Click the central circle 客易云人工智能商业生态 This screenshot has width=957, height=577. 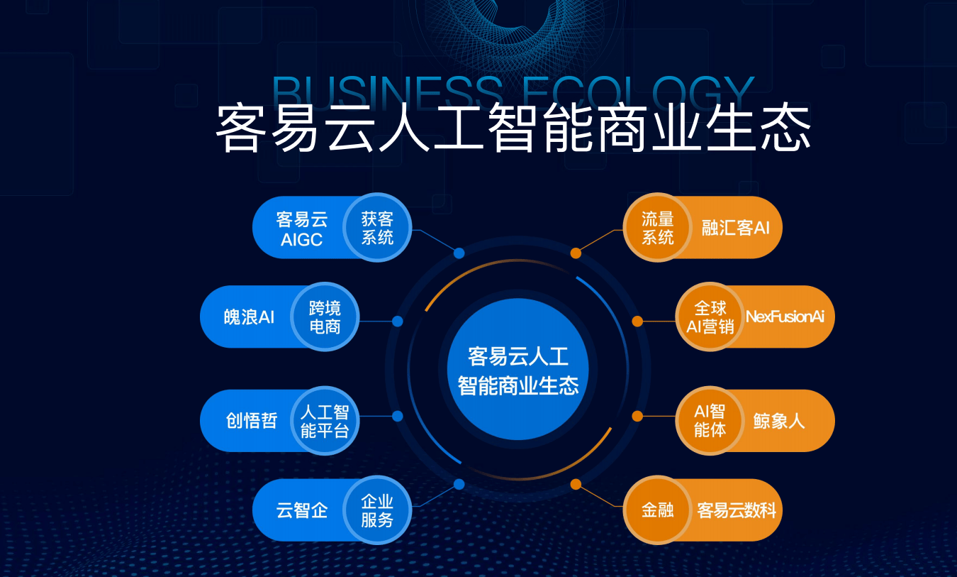[x=517, y=369]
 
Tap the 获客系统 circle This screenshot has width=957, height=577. [x=377, y=227]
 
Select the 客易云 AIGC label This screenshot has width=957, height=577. [x=301, y=229]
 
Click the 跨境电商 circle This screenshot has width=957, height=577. [x=325, y=317]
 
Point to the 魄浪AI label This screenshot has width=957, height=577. [x=249, y=317]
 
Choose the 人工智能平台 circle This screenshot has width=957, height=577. [x=325, y=421]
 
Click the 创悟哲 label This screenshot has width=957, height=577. [x=252, y=421]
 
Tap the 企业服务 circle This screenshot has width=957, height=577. [x=377, y=510]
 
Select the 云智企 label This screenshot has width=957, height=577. [x=301, y=510]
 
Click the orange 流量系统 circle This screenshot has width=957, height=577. [x=658, y=227]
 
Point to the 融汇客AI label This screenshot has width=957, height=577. [x=736, y=228]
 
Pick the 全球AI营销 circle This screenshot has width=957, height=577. [x=710, y=317]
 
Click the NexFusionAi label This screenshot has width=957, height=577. [x=785, y=317]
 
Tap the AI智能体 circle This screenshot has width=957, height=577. [x=710, y=421]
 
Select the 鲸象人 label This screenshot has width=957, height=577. [x=779, y=421]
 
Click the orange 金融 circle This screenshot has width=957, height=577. [x=658, y=510]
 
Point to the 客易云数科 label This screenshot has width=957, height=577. [x=737, y=510]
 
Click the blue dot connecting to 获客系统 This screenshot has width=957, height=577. [x=459, y=253]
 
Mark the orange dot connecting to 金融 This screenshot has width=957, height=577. [x=576, y=484]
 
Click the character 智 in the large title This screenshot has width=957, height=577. [x=512, y=128]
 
